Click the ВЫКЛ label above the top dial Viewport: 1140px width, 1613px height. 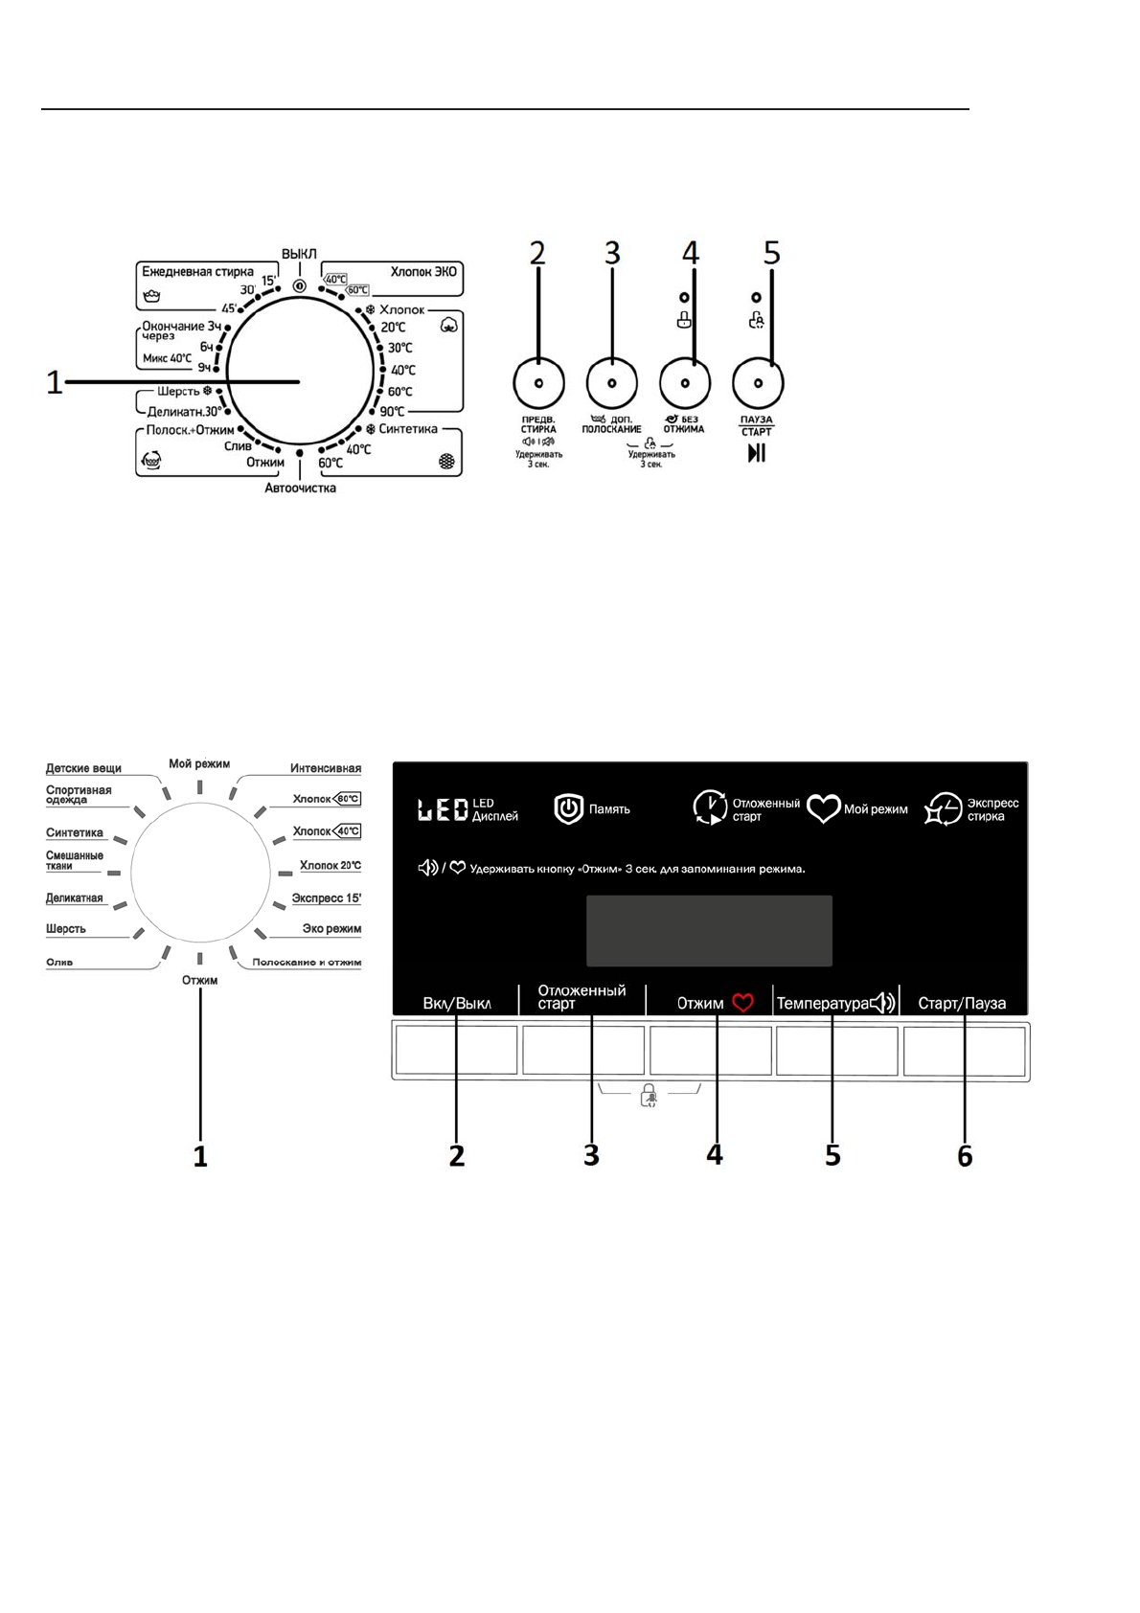(x=299, y=254)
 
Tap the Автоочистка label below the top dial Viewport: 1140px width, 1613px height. (x=300, y=488)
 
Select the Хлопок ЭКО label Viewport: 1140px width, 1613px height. (x=423, y=272)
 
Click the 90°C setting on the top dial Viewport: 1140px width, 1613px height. (x=392, y=412)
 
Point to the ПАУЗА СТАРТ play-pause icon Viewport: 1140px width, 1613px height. (x=757, y=453)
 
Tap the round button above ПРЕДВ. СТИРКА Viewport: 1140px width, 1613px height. (x=538, y=382)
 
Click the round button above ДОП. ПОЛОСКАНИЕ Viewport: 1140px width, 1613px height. (x=611, y=383)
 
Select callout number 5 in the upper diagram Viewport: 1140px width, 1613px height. (x=772, y=253)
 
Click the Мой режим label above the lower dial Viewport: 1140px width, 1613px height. (x=199, y=763)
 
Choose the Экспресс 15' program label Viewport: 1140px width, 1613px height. (x=326, y=898)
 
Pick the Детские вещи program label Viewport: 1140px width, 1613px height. (x=83, y=768)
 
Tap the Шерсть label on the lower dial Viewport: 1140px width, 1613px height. (x=66, y=929)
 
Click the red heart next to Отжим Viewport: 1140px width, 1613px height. (x=743, y=1003)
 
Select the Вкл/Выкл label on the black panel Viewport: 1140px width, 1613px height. (x=457, y=1004)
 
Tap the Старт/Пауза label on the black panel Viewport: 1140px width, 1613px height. (x=962, y=1004)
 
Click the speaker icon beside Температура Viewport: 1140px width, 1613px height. (x=882, y=1003)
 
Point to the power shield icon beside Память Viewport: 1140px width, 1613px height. (x=569, y=809)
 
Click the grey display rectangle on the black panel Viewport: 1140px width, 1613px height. (x=709, y=931)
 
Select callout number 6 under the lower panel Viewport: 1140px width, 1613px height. (x=965, y=1156)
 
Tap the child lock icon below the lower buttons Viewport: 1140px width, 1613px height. (x=649, y=1096)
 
